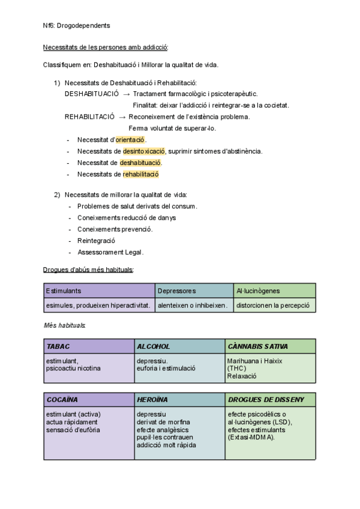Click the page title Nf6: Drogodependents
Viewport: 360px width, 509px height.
[x=77, y=26]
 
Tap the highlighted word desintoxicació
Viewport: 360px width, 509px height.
[x=144, y=151]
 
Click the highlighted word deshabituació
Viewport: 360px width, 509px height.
[x=140, y=163]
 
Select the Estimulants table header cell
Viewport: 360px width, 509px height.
[x=99, y=291]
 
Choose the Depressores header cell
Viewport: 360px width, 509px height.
[x=193, y=291]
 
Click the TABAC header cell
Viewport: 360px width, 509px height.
[x=89, y=346]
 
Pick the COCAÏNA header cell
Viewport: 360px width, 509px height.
[x=89, y=399]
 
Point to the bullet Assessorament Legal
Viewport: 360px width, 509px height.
[x=110, y=252]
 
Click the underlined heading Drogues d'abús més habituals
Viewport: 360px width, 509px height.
[x=88, y=270]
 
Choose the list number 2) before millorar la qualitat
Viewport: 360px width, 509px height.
[x=57, y=194]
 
